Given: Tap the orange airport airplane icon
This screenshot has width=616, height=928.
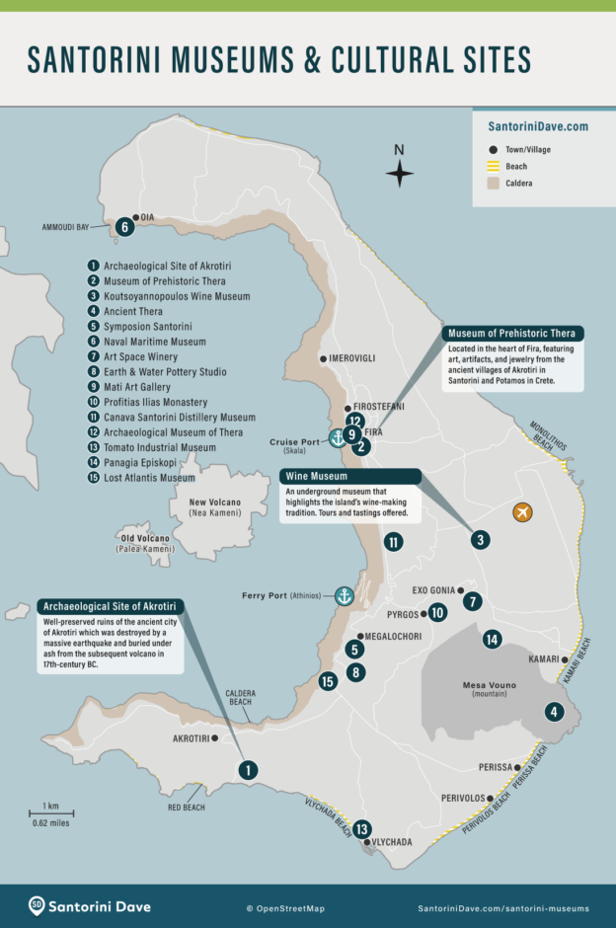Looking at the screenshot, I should tap(522, 511).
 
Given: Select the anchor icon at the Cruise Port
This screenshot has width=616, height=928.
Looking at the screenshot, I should tap(337, 438).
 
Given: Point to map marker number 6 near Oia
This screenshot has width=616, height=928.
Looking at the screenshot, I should tap(123, 227).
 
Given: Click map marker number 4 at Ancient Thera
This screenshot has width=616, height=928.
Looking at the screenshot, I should tap(553, 711).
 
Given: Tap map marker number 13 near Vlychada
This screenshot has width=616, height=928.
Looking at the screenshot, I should tap(362, 829).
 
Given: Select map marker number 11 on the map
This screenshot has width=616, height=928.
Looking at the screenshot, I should tap(393, 541).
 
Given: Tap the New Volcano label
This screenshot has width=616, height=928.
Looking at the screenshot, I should tap(214, 503).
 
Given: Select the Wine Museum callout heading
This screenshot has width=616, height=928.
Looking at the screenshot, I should tap(315, 476).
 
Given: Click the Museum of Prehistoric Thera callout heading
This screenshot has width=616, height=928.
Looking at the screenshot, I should tap(510, 333).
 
